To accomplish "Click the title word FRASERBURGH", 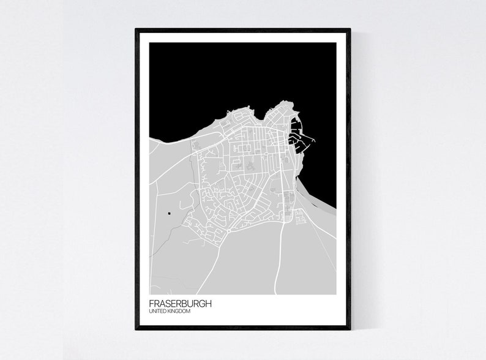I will [180, 304].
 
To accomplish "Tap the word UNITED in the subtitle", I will [157, 312].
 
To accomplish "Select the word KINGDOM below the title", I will [178, 312].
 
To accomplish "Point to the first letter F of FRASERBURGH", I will [151, 304].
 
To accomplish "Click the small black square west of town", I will [168, 213].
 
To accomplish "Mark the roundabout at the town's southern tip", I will [228, 231].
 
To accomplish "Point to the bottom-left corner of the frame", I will [136, 328].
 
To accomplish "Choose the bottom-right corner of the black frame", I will [349, 328].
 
